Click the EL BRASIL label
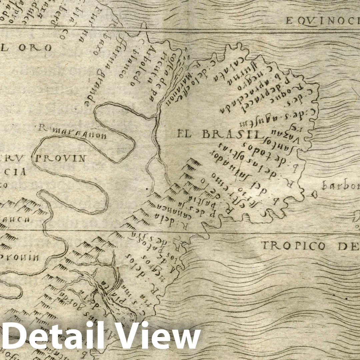218,134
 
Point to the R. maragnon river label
73,133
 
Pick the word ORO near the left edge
37,48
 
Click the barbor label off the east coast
340,186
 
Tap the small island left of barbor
313,193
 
